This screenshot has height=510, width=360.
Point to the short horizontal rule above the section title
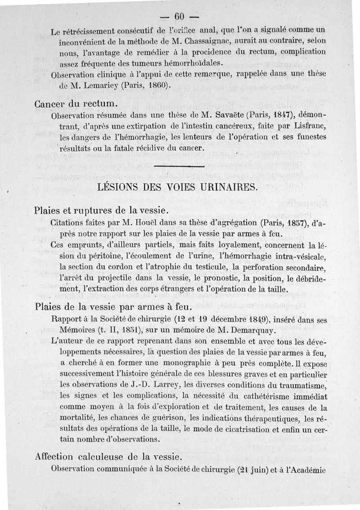click(179, 167)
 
